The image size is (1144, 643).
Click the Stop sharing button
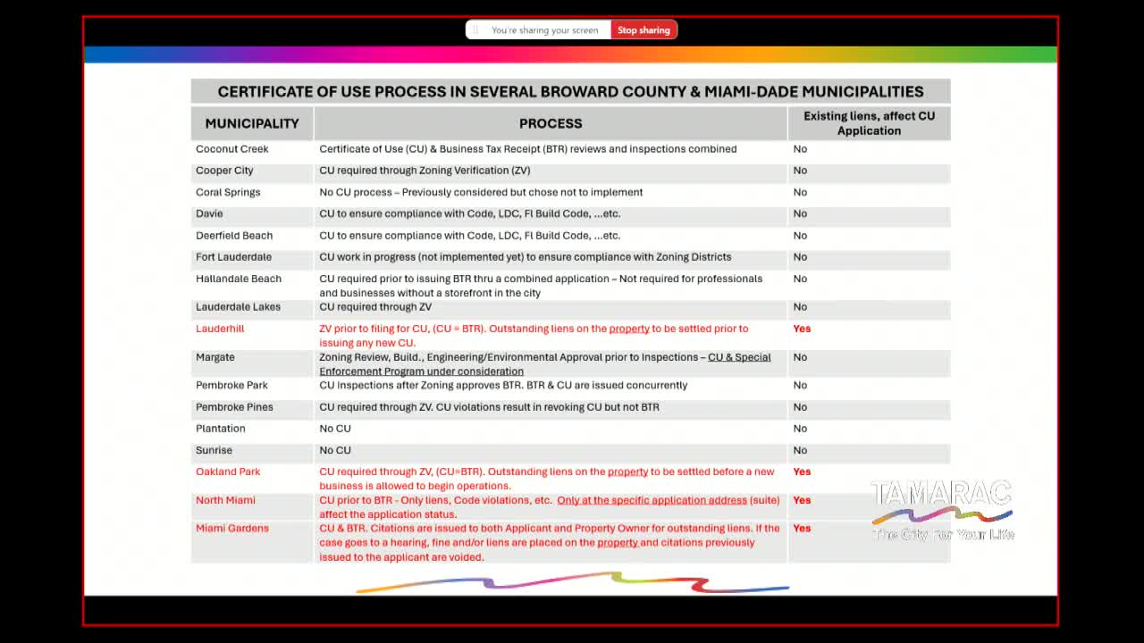click(x=643, y=30)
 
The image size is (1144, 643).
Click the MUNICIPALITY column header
click(x=252, y=123)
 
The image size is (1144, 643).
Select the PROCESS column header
click(x=551, y=123)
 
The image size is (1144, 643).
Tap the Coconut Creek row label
click(x=232, y=149)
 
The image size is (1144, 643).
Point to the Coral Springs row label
click(x=228, y=192)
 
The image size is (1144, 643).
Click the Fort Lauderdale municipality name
click(x=233, y=257)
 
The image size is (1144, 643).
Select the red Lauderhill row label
click(x=220, y=329)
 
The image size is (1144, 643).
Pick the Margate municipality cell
click(x=215, y=357)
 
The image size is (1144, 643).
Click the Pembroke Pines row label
click(x=234, y=407)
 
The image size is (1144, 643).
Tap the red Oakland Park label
click(x=228, y=472)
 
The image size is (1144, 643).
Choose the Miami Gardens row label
click(x=232, y=529)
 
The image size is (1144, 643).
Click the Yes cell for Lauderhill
click(x=802, y=329)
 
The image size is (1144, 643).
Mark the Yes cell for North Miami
click(x=802, y=500)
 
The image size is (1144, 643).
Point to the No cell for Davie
click(x=800, y=213)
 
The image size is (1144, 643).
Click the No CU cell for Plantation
click(x=335, y=429)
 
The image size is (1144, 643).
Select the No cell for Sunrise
click(x=800, y=450)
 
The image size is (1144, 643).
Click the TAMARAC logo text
click(x=941, y=494)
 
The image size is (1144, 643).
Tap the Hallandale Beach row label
click(x=239, y=279)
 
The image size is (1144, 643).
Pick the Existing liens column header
click(x=869, y=123)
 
